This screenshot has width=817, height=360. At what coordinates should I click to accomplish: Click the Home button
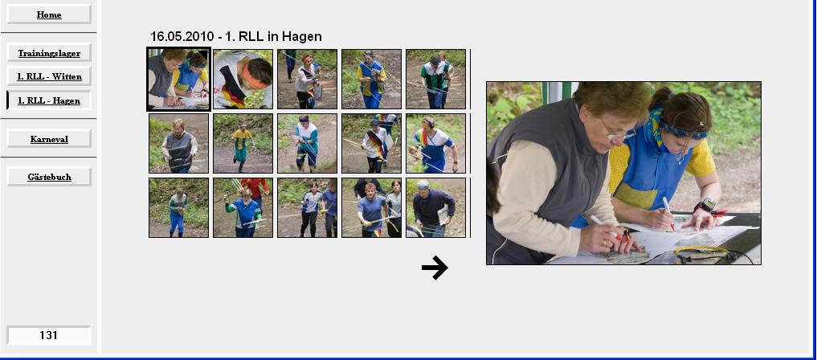pyautogui.click(x=49, y=14)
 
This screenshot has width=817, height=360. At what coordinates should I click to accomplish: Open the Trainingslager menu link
pyautogui.click(x=49, y=53)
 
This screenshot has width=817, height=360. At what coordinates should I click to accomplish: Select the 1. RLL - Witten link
pyautogui.click(x=49, y=76)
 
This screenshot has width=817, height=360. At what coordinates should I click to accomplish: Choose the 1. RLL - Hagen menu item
pyautogui.click(x=49, y=100)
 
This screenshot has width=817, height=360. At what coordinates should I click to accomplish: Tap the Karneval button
pyautogui.click(x=49, y=139)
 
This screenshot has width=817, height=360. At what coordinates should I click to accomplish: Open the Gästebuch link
pyautogui.click(x=49, y=177)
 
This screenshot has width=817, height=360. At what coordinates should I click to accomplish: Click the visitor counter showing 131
pyautogui.click(x=49, y=335)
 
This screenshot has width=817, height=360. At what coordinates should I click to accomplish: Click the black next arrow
pyautogui.click(x=435, y=268)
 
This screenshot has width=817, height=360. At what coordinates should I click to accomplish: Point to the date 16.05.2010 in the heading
pyautogui.click(x=182, y=36)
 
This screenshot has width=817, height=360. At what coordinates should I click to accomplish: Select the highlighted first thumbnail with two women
pyautogui.click(x=178, y=80)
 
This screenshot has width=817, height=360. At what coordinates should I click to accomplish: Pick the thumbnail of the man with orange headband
pyautogui.click(x=243, y=80)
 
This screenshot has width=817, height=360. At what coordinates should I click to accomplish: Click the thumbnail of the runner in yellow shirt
pyautogui.click(x=243, y=143)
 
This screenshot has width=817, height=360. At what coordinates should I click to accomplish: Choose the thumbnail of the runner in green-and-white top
pyautogui.click(x=435, y=80)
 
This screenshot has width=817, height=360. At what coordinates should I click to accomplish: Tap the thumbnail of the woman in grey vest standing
pyautogui.click(x=178, y=143)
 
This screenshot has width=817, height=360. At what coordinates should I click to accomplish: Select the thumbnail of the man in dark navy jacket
pyautogui.click(x=435, y=208)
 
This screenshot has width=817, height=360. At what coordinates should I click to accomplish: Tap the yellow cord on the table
pyautogui.click(x=701, y=251)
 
